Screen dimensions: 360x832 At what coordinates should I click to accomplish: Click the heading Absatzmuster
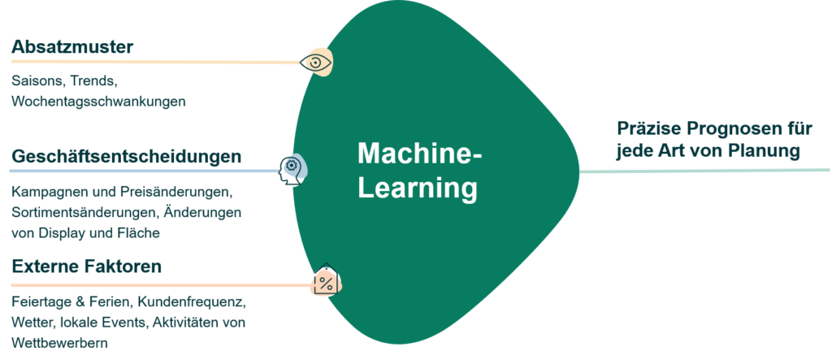[72, 48]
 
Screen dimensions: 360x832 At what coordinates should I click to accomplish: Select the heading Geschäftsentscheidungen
[126, 156]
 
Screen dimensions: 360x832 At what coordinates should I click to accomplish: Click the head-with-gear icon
[292, 170]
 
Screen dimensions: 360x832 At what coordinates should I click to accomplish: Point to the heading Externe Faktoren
[87, 267]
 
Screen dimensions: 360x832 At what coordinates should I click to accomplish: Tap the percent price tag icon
[325, 283]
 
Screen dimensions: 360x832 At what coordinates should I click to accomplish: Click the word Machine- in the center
[419, 154]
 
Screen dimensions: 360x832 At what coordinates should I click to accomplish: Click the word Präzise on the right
[647, 129]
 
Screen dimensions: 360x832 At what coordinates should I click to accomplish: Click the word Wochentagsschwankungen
[99, 102]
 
